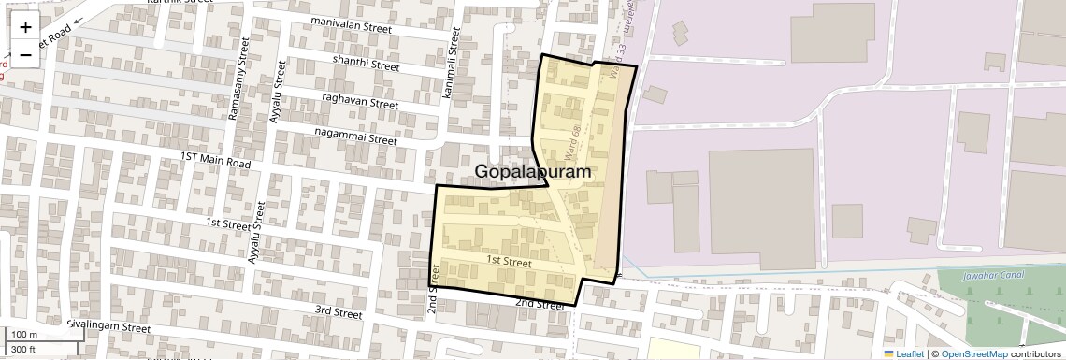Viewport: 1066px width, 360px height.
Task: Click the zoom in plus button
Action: coord(25,27)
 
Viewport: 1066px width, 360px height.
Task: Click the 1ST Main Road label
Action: coord(216,162)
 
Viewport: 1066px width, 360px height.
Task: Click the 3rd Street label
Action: coord(338,311)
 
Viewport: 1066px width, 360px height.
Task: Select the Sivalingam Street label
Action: coord(108,328)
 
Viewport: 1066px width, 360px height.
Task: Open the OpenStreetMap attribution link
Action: coord(974,353)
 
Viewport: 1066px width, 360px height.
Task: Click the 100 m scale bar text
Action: coord(23,335)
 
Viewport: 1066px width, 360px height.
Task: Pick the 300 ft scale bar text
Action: coord(23,350)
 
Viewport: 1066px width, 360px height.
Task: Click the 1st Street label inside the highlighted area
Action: coord(510,264)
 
